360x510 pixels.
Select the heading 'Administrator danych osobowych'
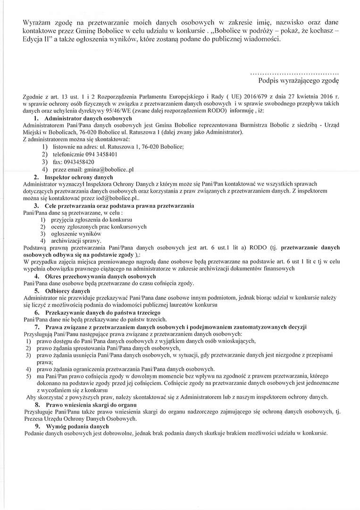point(88,118)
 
